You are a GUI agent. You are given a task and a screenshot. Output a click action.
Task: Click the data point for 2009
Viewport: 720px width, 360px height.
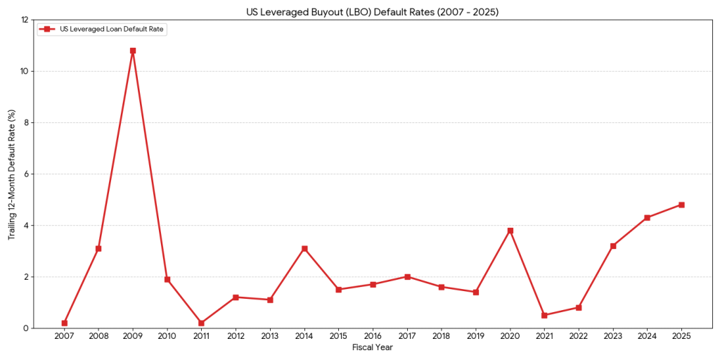pos(133,51)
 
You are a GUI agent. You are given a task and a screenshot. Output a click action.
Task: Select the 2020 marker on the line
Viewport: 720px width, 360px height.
pos(510,231)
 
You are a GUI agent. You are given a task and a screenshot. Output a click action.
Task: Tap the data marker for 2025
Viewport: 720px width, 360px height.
pos(681,205)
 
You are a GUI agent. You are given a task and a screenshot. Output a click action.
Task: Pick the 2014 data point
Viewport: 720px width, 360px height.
pos(304,248)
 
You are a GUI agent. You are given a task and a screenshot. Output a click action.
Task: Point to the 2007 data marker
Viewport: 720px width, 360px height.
pos(65,323)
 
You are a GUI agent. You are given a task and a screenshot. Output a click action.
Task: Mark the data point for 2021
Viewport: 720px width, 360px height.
pos(544,315)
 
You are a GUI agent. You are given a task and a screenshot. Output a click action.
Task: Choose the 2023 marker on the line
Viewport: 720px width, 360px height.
pos(613,245)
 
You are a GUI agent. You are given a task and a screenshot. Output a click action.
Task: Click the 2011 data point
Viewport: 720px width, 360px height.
pos(202,323)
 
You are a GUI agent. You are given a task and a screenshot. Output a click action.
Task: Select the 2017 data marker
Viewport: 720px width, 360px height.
pos(407,276)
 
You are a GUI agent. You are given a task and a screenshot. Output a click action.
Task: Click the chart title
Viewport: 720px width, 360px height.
pos(372,12)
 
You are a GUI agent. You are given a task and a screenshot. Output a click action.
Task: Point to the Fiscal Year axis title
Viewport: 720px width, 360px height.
pos(372,347)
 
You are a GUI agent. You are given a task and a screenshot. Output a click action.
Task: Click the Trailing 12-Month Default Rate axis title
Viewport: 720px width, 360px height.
pos(12,174)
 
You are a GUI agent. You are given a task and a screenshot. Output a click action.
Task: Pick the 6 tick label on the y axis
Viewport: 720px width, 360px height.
pos(25,174)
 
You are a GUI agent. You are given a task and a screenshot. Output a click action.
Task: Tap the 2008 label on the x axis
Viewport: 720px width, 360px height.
pos(98,337)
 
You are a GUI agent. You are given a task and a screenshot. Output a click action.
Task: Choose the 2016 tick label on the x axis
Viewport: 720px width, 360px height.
pos(373,337)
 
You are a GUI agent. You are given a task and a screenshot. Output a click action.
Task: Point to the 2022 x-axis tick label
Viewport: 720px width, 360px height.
pos(579,337)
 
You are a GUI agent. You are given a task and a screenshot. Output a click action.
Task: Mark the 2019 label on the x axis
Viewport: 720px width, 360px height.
pos(476,337)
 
